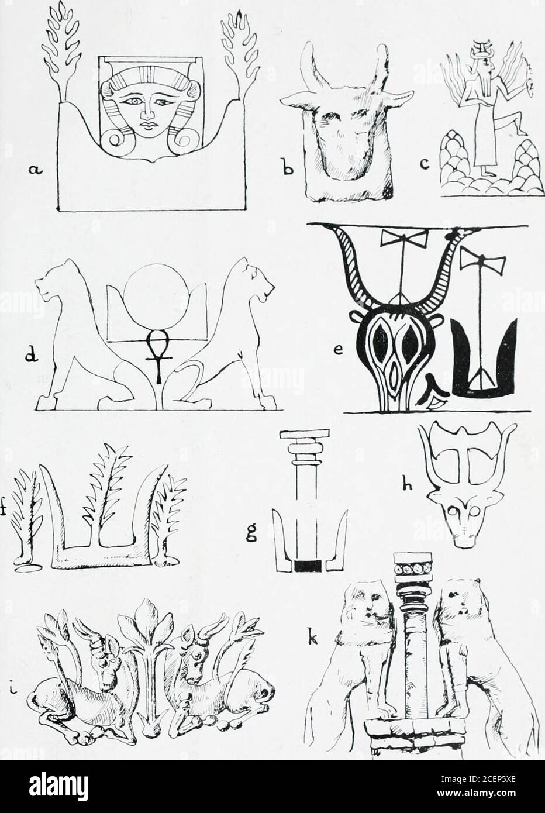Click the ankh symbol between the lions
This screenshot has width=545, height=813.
click(x=157, y=354)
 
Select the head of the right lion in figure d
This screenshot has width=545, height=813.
click(x=255, y=283)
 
